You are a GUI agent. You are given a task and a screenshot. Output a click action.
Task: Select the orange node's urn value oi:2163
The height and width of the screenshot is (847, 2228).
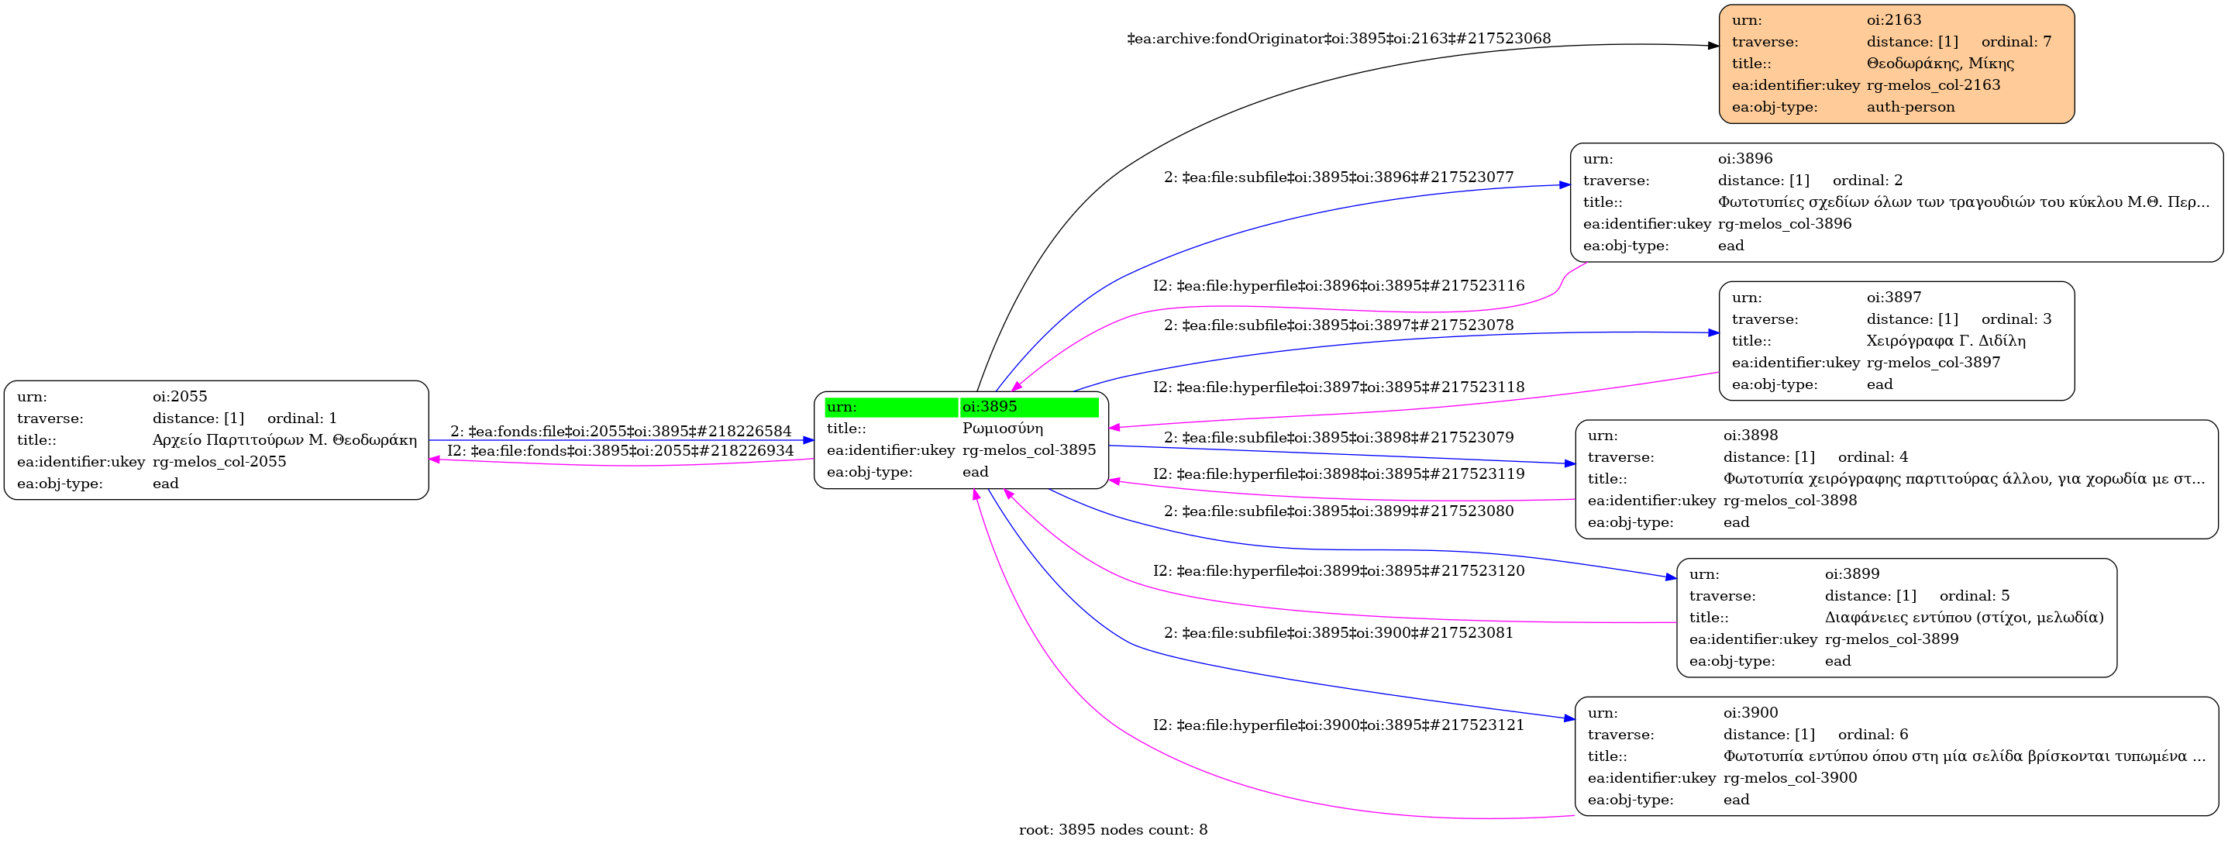click(1893, 20)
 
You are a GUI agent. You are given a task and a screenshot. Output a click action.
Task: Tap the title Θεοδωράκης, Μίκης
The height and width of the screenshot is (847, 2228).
click(1940, 64)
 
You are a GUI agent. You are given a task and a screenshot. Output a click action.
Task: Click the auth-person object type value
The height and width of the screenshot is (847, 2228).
click(1910, 107)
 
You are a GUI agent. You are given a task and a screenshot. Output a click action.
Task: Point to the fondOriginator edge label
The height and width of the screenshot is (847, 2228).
click(1339, 39)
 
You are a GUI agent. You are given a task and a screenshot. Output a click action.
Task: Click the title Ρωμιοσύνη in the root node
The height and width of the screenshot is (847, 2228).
click(1003, 429)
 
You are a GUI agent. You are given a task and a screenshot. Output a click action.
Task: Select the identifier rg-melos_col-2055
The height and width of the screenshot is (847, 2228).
click(219, 462)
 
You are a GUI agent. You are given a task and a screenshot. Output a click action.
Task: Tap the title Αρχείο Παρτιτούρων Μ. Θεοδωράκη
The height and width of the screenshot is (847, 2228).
click(284, 440)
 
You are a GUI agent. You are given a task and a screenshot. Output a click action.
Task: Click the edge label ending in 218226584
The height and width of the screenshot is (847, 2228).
click(621, 431)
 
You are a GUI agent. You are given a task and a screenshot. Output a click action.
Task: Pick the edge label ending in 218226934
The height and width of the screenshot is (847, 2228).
click(620, 451)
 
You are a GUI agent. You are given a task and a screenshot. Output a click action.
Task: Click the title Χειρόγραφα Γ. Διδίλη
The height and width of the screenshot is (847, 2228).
click(1946, 341)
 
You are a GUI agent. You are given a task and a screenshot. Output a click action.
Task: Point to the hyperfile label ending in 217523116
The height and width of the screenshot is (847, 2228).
click(1339, 285)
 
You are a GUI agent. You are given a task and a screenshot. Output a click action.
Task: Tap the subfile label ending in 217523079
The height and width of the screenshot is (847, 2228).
click(1339, 438)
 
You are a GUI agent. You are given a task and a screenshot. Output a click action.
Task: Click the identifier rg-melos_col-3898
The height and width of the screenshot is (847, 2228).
click(1789, 501)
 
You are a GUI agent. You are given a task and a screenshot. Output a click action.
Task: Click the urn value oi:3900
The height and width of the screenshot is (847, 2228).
click(1751, 713)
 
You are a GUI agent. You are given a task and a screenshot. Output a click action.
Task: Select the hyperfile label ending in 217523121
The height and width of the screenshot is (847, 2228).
click(1339, 725)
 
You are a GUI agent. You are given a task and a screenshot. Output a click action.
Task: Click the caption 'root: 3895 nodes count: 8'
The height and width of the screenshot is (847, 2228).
click(1113, 831)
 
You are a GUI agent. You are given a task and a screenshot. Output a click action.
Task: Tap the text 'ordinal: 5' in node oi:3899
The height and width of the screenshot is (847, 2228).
click(1975, 596)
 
